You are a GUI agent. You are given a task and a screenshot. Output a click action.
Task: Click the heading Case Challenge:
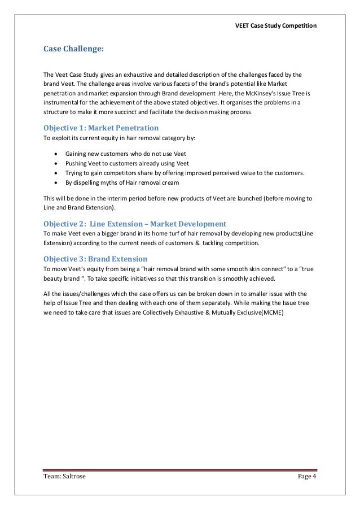(x=73, y=49)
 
